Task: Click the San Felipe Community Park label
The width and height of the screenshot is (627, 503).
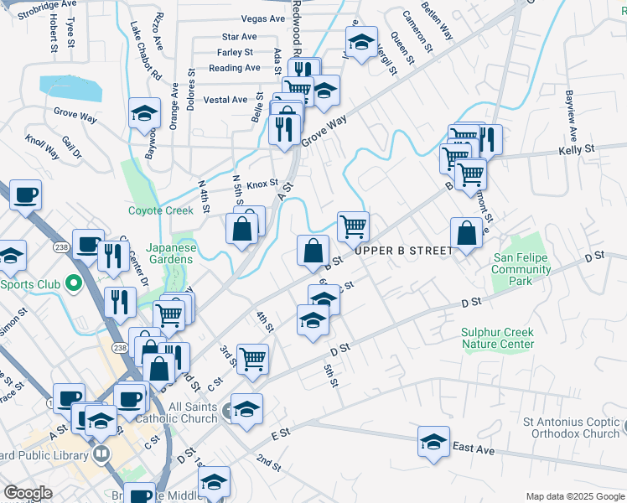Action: pyautogui.click(x=521, y=270)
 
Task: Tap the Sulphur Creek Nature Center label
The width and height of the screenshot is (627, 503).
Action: pyautogui.click(x=498, y=338)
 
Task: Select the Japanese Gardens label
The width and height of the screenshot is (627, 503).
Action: pyautogui.click(x=171, y=253)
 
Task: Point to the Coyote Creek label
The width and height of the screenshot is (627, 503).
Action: pyautogui.click(x=160, y=210)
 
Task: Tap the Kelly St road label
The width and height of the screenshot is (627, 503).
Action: pyautogui.click(x=577, y=149)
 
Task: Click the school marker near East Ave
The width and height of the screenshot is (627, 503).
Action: pyautogui.click(x=433, y=442)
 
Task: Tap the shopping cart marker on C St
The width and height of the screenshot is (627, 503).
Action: pyautogui.click(x=252, y=359)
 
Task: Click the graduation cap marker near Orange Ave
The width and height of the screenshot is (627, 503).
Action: pyautogui.click(x=144, y=114)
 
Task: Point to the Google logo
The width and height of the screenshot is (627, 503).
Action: pyautogui.click(x=27, y=493)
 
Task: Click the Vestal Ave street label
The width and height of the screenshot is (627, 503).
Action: pyautogui.click(x=225, y=100)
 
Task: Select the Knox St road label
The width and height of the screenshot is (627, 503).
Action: pyautogui.click(x=262, y=183)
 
